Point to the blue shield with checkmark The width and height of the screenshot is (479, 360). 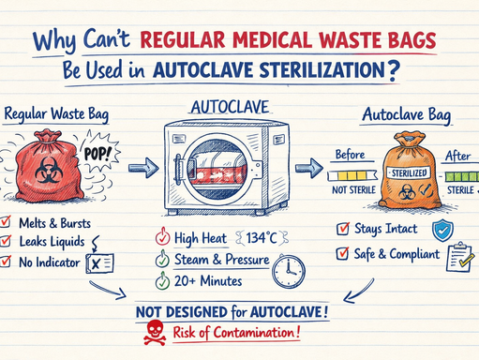click(x=442, y=230)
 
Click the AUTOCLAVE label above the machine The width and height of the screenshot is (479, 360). click(x=229, y=108)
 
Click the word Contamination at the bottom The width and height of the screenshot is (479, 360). click(x=252, y=331)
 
